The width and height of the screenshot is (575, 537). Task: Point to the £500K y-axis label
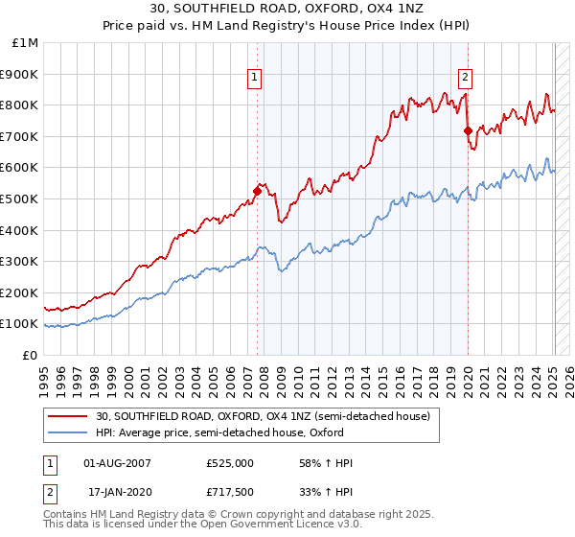pyautogui.click(x=20, y=198)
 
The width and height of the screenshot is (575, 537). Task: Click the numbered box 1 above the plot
pyautogui.click(x=256, y=79)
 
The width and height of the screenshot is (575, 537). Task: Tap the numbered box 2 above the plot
pyautogui.click(x=465, y=79)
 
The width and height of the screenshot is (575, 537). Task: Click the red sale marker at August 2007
pyautogui.click(x=257, y=191)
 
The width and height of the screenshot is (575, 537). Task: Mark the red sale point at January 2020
pyautogui.click(x=468, y=130)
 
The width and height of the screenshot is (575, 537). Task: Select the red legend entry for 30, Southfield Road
pyautogui.click(x=267, y=415)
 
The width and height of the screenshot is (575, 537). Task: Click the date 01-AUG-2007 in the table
pyautogui.click(x=117, y=463)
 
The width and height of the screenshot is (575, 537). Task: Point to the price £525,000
pyautogui.click(x=229, y=463)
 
